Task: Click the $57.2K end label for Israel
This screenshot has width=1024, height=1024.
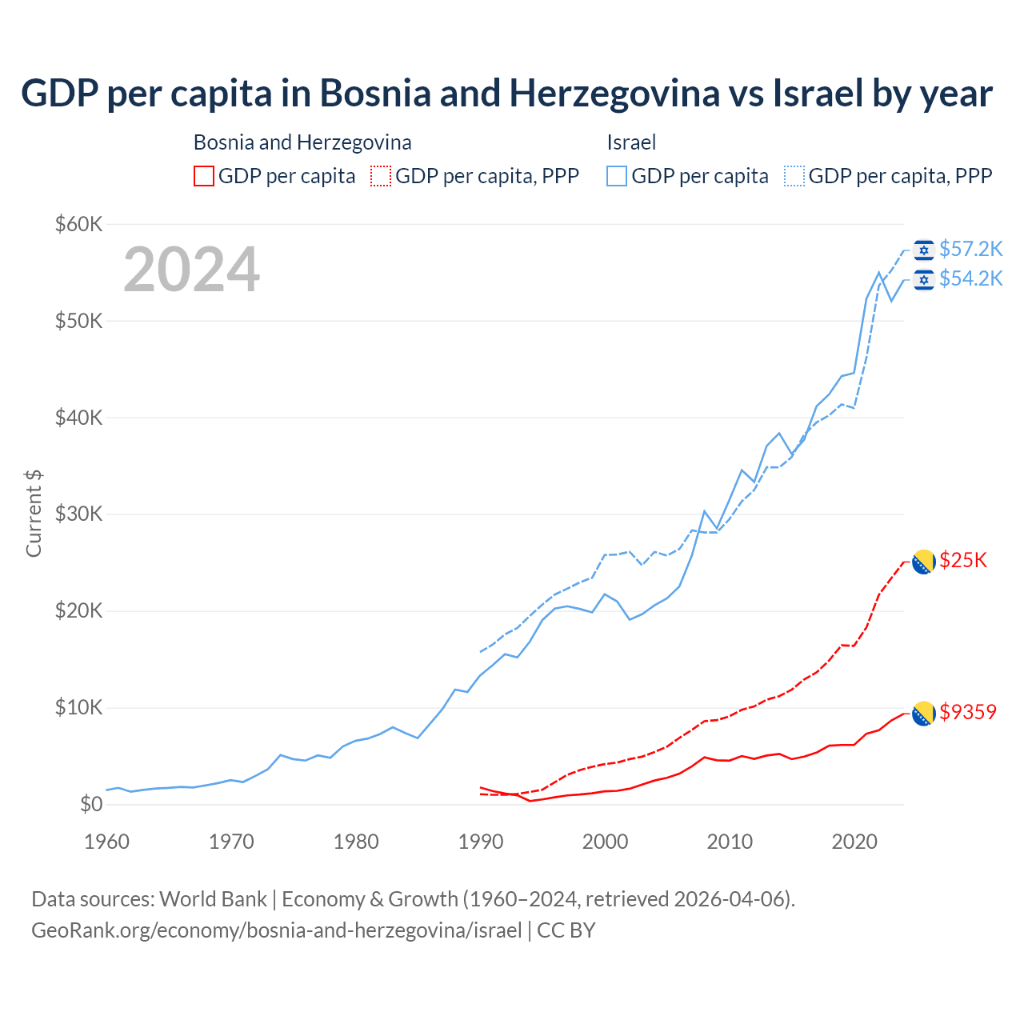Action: click(x=970, y=249)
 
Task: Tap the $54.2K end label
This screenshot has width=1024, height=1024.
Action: click(x=970, y=278)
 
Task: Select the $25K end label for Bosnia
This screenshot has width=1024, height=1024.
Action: click(x=963, y=560)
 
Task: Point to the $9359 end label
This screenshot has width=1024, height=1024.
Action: click(x=968, y=712)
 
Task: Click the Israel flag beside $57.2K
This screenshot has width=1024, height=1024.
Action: click(x=924, y=250)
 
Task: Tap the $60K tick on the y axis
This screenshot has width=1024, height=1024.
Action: click(x=79, y=224)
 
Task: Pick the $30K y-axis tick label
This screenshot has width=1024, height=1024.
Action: click(x=79, y=514)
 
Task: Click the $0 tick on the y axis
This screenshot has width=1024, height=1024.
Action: click(x=91, y=804)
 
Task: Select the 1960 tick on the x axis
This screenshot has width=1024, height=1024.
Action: click(x=106, y=842)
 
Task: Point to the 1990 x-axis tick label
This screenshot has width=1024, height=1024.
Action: click(x=481, y=842)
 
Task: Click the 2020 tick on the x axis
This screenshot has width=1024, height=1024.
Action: click(x=855, y=842)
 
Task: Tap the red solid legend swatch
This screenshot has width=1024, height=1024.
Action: click(x=204, y=176)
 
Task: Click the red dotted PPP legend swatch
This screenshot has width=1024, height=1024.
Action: click(x=381, y=176)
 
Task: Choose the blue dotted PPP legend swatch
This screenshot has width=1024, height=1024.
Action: click(x=794, y=176)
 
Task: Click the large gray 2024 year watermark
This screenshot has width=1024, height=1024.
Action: click(x=192, y=270)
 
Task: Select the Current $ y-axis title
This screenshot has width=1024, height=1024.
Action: click(x=34, y=514)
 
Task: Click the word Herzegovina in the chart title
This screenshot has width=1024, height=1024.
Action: click(x=614, y=94)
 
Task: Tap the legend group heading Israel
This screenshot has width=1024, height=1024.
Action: click(x=631, y=142)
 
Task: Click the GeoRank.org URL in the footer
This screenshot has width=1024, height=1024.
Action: click(x=276, y=930)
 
